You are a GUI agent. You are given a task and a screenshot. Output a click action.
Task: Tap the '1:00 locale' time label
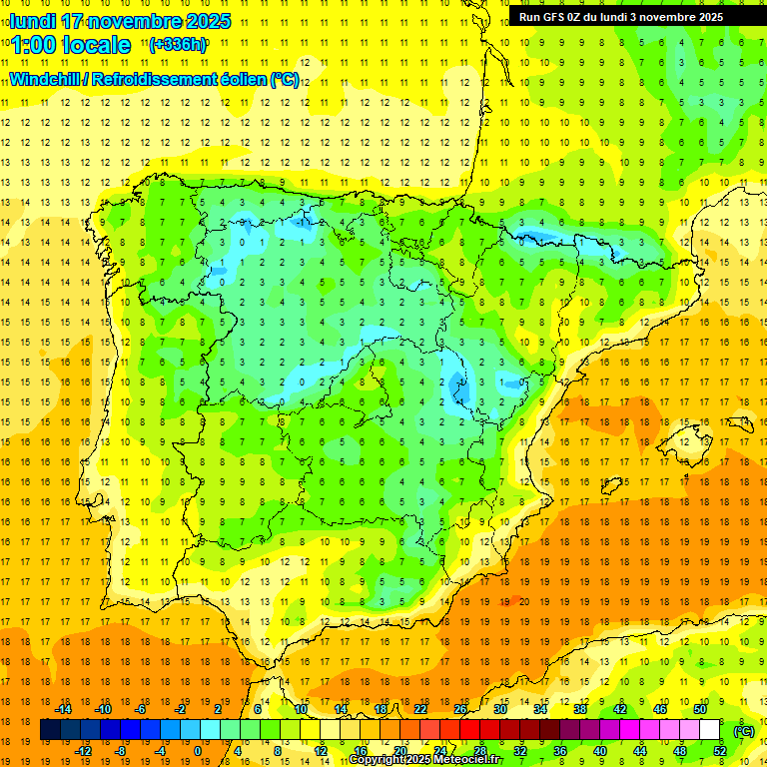click(71, 45)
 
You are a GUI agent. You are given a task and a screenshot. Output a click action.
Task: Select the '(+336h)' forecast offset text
click(178, 44)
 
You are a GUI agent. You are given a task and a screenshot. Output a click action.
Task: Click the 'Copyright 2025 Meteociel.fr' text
click(425, 760)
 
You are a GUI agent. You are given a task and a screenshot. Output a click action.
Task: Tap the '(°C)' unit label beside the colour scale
click(744, 731)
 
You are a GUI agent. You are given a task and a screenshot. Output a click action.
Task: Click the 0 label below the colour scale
click(198, 751)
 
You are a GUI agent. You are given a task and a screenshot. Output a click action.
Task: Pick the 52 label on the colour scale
click(719, 751)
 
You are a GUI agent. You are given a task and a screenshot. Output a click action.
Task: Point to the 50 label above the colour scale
click(699, 709)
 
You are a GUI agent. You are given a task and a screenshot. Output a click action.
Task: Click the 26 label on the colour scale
click(460, 709)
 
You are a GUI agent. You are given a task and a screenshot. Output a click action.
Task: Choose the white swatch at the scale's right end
click(709, 730)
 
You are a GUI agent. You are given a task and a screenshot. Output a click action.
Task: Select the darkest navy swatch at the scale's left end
click(50, 730)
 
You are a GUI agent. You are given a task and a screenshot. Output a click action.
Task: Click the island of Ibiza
click(611, 486)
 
